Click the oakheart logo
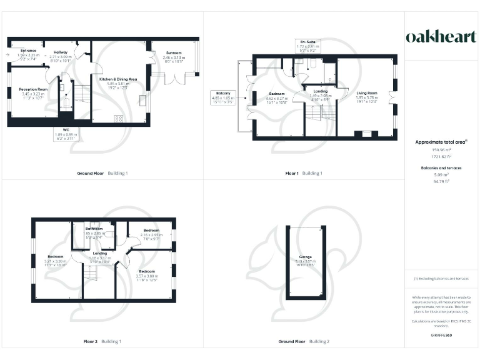pyautogui.click(x=441, y=37)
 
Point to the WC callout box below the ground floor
pyautogui.click(x=66, y=135)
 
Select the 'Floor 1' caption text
pyautogui.click(x=292, y=173)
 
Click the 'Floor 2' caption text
pyautogui.click(x=91, y=342)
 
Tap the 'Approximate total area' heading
pyautogui.click(x=441, y=142)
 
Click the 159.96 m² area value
pyautogui.click(x=441, y=150)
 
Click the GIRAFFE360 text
pyautogui.click(x=441, y=336)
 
